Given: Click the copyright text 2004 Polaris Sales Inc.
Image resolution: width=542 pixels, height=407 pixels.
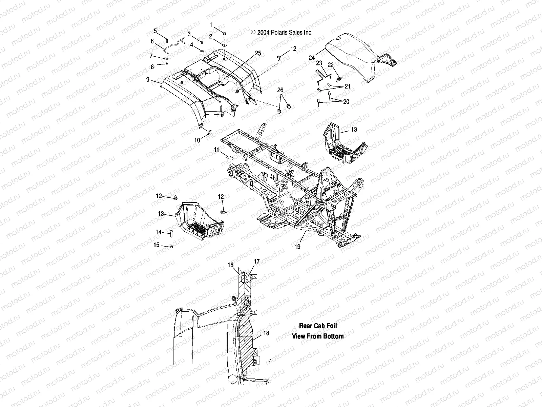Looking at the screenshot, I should [x=281, y=33].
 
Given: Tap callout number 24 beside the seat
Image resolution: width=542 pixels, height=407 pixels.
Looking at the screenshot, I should [x=312, y=58].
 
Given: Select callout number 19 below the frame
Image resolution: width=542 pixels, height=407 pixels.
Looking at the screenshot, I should [x=297, y=247].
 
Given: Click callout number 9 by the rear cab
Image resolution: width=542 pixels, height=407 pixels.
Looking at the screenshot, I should [x=148, y=80].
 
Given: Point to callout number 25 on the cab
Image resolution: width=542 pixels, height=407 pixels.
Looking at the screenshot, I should [x=258, y=53].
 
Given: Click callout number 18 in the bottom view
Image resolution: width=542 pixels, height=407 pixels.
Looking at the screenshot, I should [x=266, y=333].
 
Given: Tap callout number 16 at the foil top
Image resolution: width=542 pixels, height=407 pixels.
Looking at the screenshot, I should [x=231, y=265].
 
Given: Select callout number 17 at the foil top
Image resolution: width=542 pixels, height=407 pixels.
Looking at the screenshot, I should [x=257, y=261].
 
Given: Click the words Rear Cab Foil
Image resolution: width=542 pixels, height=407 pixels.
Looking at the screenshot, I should [x=318, y=326].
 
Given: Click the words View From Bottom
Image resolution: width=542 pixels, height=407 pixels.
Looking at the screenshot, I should [x=318, y=336].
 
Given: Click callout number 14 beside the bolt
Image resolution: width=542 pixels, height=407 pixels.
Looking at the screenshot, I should [x=159, y=232].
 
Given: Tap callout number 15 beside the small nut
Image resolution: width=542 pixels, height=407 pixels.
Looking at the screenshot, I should [x=156, y=245].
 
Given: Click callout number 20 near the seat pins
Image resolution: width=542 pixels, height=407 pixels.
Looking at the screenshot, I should [x=346, y=102].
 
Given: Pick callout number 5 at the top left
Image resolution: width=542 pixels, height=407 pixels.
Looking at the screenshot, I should [x=155, y=31].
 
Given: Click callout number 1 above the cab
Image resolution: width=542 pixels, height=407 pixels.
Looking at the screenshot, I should [x=211, y=24].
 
